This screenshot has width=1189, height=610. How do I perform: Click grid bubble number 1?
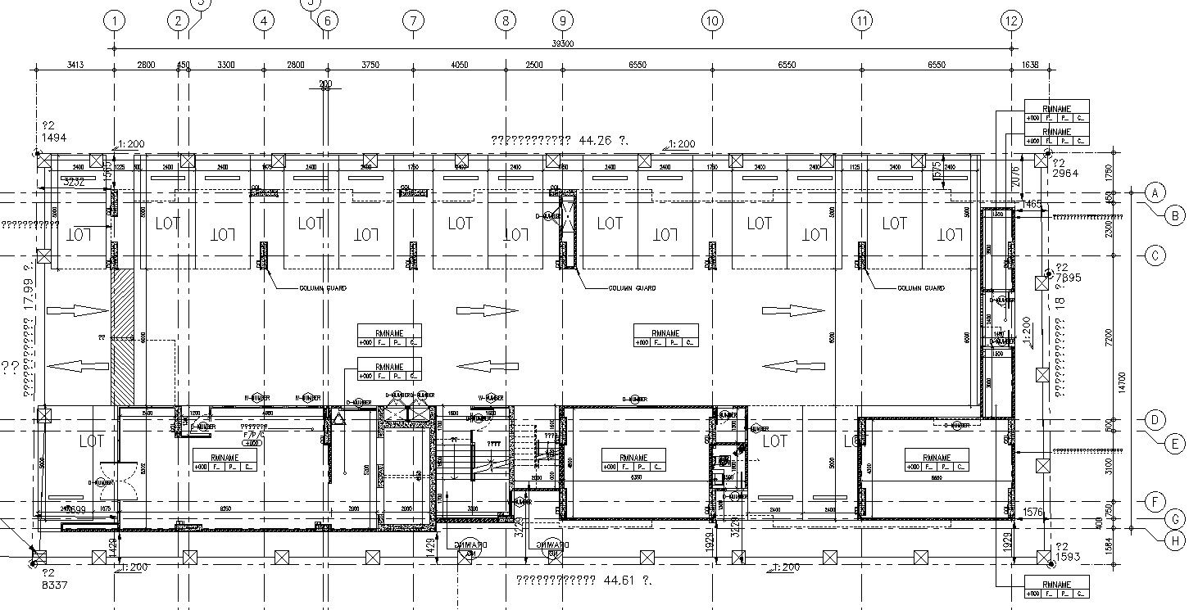116,20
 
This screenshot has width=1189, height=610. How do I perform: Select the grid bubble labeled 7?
414,20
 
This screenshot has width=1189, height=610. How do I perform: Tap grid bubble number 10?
712,20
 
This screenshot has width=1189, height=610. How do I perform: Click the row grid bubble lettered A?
1154,192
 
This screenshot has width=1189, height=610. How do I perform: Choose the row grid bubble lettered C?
1154,255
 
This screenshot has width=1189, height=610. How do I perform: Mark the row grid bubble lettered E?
1175,443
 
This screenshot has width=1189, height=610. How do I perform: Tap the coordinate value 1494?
54,138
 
